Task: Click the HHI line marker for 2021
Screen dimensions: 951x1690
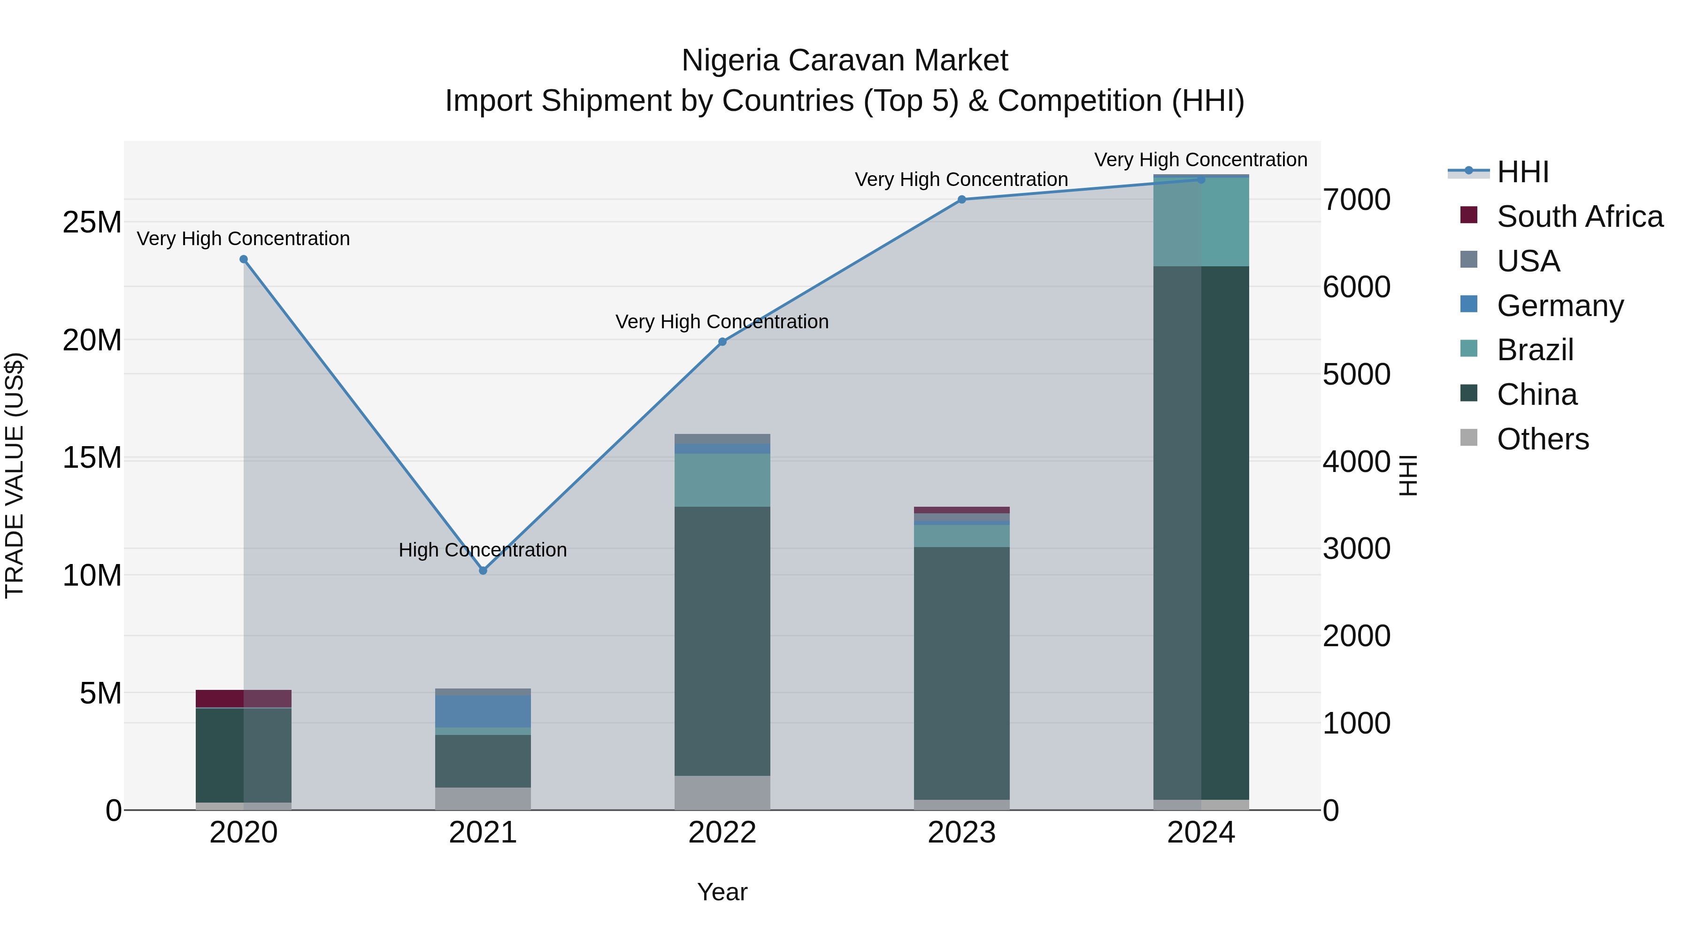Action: (483, 570)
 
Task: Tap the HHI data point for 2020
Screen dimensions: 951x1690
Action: (243, 259)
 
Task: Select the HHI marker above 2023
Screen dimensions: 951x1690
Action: (962, 200)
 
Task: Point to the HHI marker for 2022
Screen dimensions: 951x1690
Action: (722, 342)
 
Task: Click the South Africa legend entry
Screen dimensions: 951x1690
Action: (1579, 216)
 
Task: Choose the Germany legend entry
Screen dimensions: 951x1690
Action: (1559, 306)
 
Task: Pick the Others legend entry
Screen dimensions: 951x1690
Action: (1543, 439)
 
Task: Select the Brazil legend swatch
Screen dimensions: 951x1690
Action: (1469, 348)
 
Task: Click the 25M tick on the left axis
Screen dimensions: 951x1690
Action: (92, 223)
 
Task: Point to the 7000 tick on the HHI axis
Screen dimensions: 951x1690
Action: (1356, 200)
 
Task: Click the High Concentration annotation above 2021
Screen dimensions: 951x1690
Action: (483, 550)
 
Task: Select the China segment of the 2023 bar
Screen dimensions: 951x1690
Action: (962, 673)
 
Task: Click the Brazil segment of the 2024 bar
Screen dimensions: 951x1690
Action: (1201, 222)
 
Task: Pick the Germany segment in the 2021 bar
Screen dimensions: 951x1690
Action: (483, 711)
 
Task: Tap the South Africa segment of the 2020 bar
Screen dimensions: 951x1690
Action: (243, 698)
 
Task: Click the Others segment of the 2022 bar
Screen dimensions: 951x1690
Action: (722, 793)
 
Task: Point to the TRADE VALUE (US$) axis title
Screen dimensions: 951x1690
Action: (15, 475)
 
